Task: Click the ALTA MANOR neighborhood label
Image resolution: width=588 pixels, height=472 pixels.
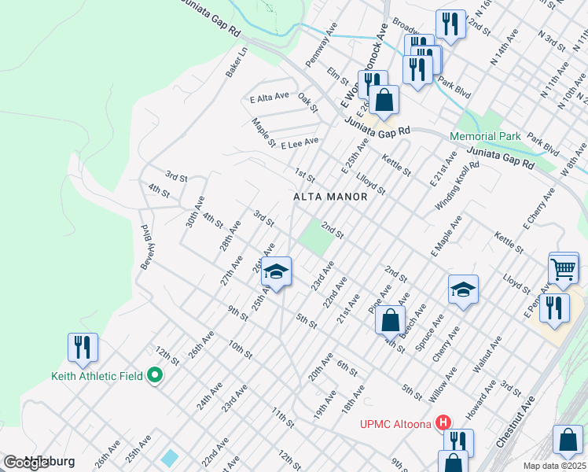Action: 329,197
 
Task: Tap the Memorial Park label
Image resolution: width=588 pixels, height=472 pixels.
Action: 485,136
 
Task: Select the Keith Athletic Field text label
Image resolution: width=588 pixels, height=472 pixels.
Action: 97,376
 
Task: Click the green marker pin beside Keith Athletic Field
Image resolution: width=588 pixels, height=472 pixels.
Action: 155,376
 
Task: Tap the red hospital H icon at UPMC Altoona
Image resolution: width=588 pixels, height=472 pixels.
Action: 447,423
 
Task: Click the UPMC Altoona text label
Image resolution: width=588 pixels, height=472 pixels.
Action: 395,425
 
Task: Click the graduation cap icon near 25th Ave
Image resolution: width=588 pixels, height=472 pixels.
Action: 276,272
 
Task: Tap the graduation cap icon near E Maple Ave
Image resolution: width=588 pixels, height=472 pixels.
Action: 464,289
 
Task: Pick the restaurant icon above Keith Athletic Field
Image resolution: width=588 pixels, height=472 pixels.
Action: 82,347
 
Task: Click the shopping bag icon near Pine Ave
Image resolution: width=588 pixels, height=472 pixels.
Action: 390,320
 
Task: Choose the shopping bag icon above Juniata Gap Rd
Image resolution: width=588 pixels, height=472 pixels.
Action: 384,101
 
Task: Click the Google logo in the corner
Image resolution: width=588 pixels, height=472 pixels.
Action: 26,463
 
